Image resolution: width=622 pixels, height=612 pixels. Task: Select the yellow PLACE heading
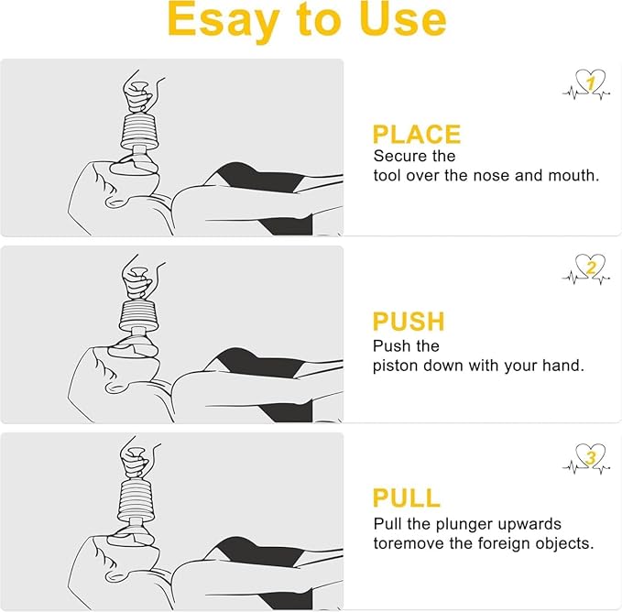(416, 135)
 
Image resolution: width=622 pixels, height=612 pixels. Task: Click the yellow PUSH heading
(409, 322)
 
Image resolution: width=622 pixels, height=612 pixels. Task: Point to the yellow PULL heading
(406, 498)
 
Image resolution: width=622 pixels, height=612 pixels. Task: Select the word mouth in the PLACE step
(575, 175)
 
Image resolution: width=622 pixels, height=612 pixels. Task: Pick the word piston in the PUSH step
(394, 366)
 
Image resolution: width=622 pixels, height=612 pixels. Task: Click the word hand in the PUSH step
(563, 366)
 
